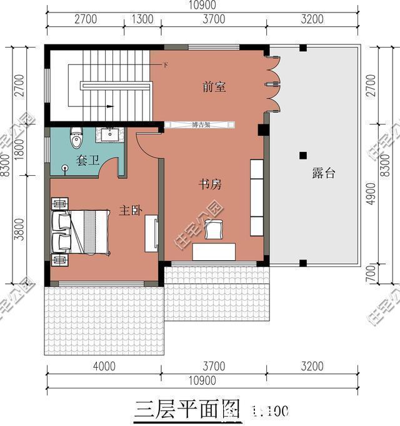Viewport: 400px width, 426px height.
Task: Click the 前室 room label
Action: click(214, 88)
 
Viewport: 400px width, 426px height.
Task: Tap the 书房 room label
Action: click(211, 185)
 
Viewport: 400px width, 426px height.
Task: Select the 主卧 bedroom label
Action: click(130, 211)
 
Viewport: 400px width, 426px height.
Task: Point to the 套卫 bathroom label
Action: click(88, 161)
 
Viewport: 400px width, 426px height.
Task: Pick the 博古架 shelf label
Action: click(200, 125)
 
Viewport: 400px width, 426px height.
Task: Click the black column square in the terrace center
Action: click(302, 155)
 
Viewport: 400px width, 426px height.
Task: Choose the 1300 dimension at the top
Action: click(142, 19)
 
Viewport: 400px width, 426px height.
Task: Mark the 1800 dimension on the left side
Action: click(19, 150)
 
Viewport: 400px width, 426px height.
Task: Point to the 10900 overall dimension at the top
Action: click(201, 5)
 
